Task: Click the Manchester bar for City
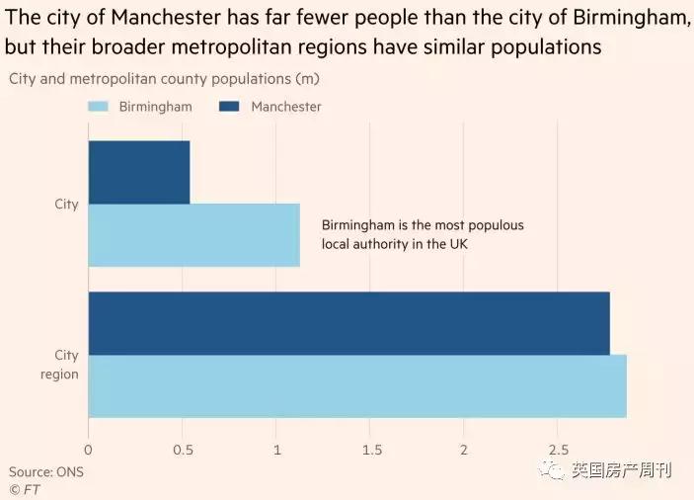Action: point(139,172)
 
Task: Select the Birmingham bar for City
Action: point(193,235)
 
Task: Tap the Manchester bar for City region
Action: point(348,323)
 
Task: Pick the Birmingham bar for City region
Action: point(357,386)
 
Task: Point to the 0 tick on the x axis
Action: point(89,451)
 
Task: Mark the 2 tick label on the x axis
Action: point(463,451)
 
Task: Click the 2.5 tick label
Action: point(557,451)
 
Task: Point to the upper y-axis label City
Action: point(66,205)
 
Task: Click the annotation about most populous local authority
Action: point(423,234)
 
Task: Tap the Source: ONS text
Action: point(46,471)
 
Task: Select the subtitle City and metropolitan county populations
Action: point(164,78)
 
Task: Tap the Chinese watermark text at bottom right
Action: point(621,470)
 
